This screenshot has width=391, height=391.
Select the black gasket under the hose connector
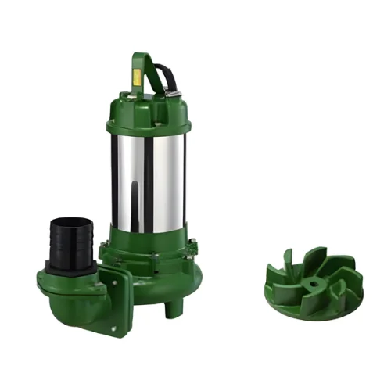[x=75, y=265]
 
